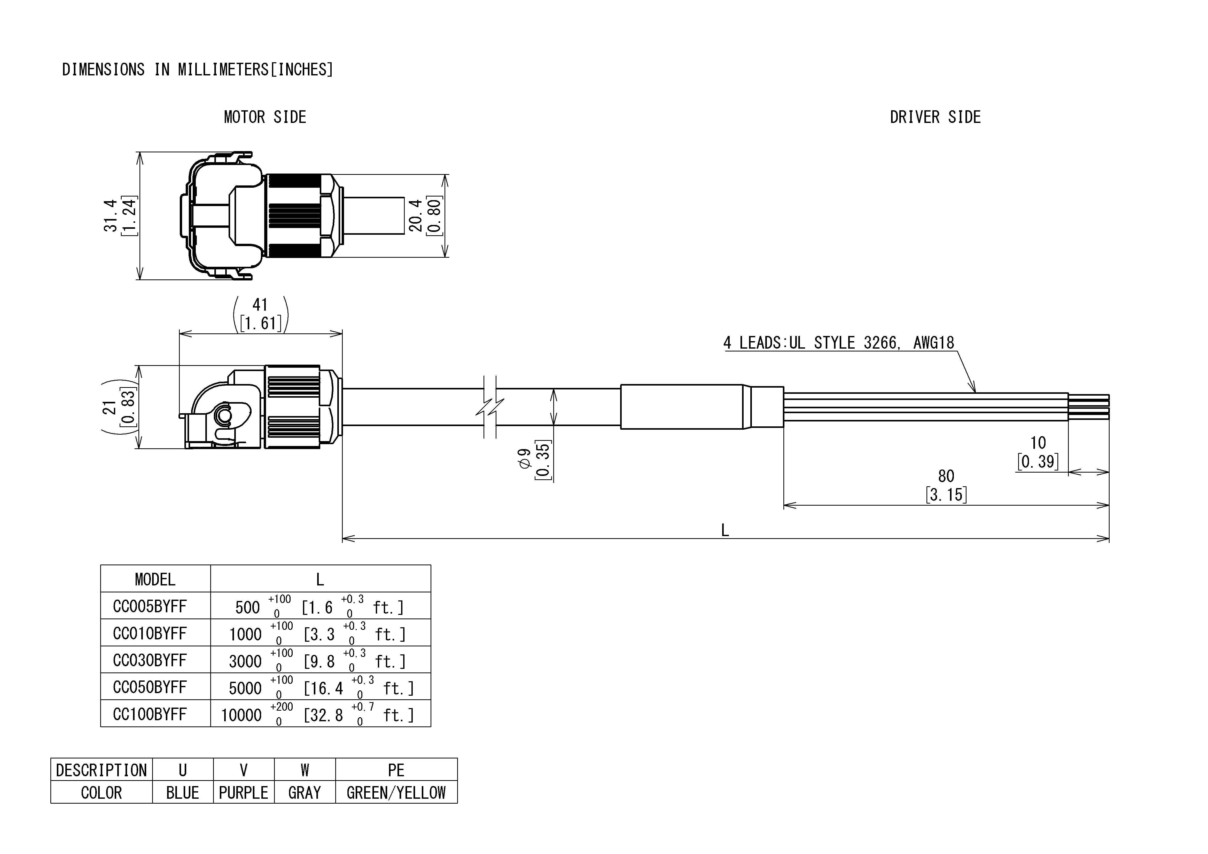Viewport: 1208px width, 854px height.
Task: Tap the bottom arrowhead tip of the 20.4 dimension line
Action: [445, 257]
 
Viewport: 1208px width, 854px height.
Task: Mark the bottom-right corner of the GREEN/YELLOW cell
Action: [457, 803]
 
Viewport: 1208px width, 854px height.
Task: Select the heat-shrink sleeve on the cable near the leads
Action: [702, 407]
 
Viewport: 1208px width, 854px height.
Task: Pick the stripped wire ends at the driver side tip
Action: [1089, 407]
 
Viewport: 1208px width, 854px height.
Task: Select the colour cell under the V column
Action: [244, 792]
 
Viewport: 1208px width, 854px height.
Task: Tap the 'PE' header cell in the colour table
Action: [396, 769]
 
